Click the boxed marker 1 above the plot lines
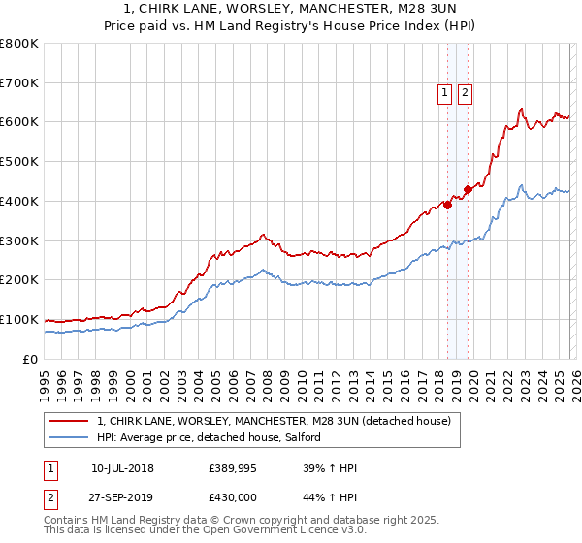444,93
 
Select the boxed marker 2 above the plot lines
465,93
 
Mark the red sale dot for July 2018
447,205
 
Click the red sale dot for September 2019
468,189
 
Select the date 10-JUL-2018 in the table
122,468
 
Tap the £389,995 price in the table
233,468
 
